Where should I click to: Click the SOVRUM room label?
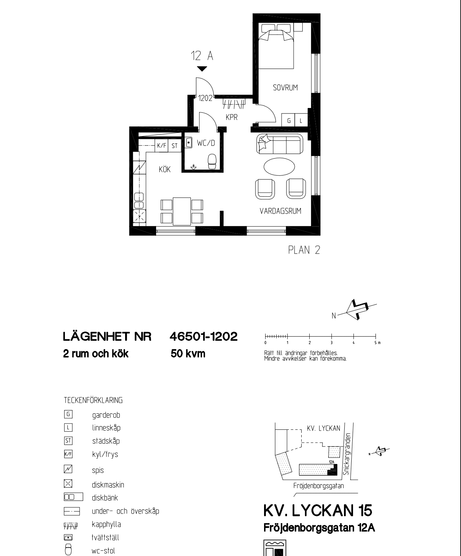pyautogui.click(x=285, y=88)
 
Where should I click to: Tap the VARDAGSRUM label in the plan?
pyautogui.click(x=280, y=211)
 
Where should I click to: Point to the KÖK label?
pyautogui.click(x=164, y=169)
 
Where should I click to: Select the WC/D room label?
pyautogui.click(x=206, y=143)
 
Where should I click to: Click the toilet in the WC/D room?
pyautogui.click(x=212, y=161)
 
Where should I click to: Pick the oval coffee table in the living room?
pyautogui.click(x=279, y=167)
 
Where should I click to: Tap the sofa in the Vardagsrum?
pyautogui.click(x=280, y=144)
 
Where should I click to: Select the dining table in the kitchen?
pyautogui.click(x=182, y=212)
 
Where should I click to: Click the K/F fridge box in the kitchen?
pyautogui.click(x=162, y=146)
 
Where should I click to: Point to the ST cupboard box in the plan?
pyautogui.click(x=175, y=146)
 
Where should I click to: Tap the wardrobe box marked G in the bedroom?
pyautogui.click(x=289, y=120)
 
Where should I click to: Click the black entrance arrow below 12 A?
pyautogui.click(x=202, y=69)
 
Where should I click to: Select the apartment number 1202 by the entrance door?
pyautogui.click(x=205, y=98)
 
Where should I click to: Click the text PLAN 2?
pyautogui.click(x=304, y=250)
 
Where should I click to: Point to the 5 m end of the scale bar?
pyautogui.click(x=376, y=336)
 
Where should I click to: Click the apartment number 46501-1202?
pyautogui.click(x=204, y=337)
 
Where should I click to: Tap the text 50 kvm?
pyautogui.click(x=188, y=354)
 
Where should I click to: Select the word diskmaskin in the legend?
pyautogui.click(x=108, y=484)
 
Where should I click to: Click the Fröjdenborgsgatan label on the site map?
pyautogui.click(x=319, y=486)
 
